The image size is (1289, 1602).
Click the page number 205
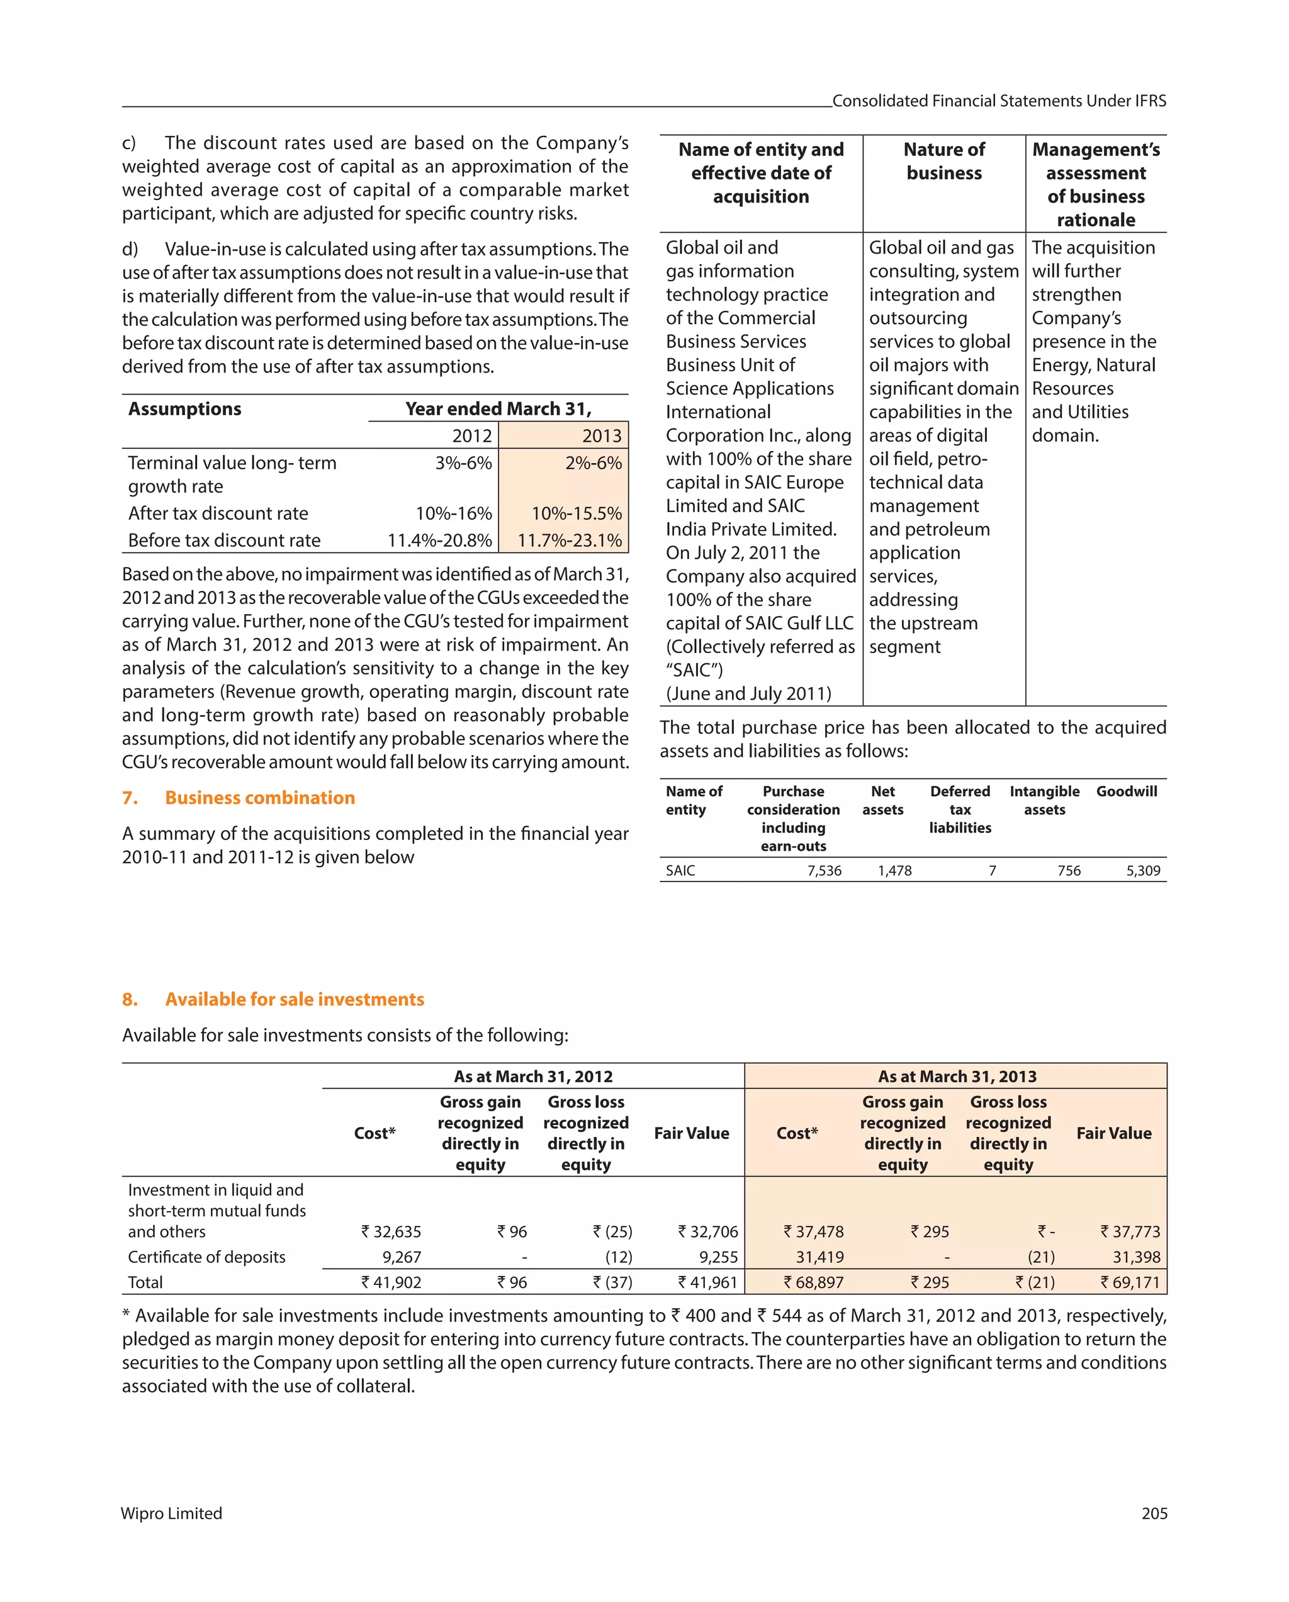click(x=1154, y=1513)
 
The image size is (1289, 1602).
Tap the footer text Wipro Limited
click(x=172, y=1513)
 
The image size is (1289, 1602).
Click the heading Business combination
click(x=259, y=797)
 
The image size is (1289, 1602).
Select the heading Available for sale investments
click(x=295, y=999)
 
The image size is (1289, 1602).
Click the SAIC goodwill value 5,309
click(x=1142, y=870)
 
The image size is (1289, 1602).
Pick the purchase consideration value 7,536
click(x=825, y=870)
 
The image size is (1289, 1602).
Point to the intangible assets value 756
click(x=1069, y=870)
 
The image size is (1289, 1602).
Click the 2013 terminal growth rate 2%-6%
click(x=594, y=463)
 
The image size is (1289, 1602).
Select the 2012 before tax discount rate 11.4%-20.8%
click(x=439, y=541)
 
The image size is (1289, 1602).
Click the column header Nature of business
click(x=944, y=161)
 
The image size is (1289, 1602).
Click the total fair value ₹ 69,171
click(x=1130, y=1282)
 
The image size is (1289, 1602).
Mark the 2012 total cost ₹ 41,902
click(x=391, y=1282)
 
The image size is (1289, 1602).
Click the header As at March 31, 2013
click(x=957, y=1076)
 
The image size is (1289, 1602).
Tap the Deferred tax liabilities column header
click(x=960, y=809)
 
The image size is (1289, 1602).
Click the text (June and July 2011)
click(x=748, y=693)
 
